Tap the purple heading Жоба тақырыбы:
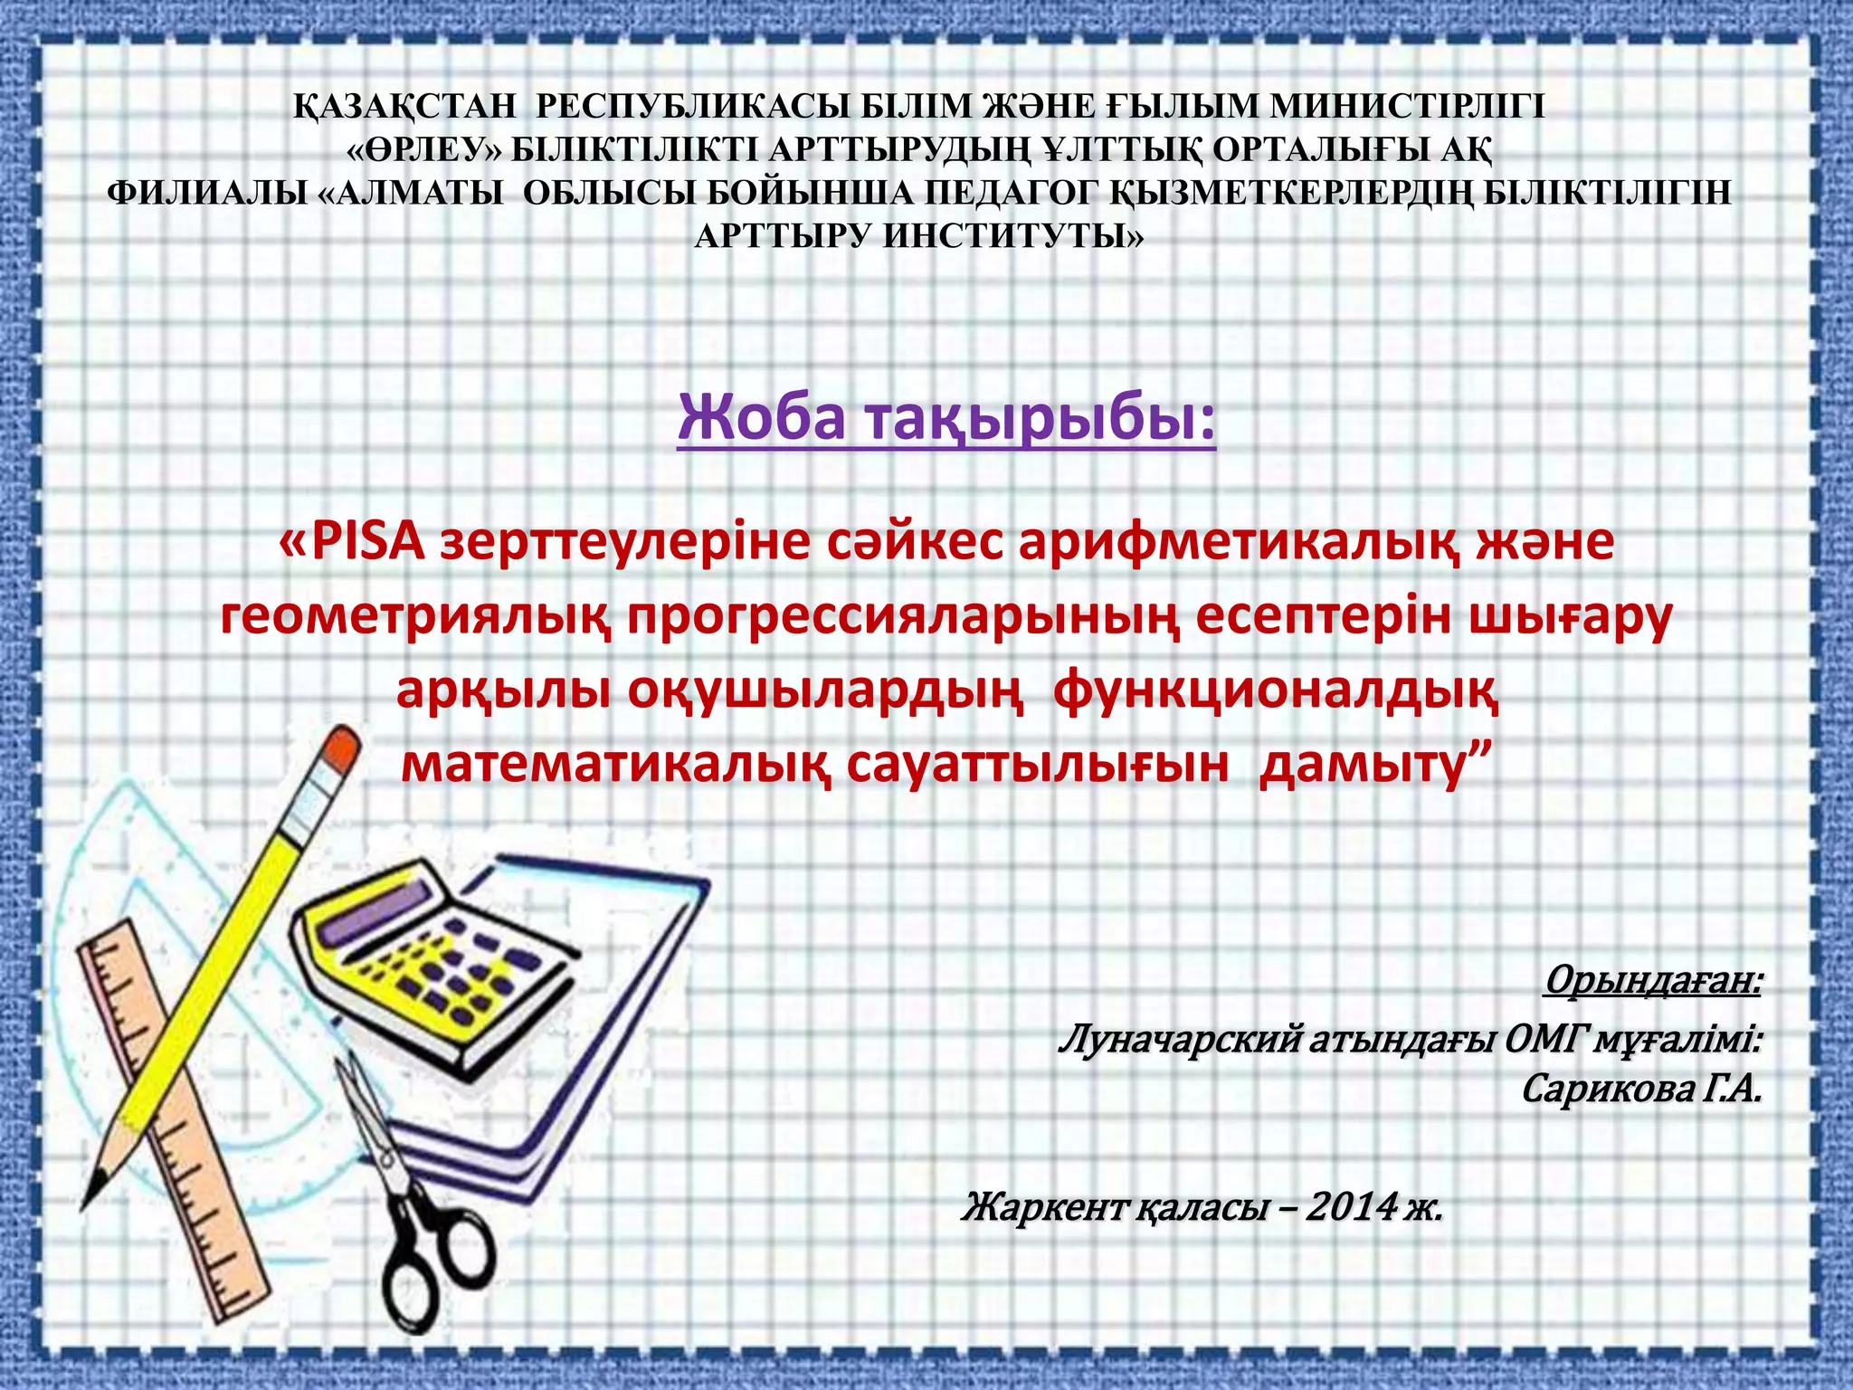[x=946, y=418]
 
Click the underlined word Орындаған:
[x=1653, y=979]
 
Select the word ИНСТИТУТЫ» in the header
[x=1013, y=237]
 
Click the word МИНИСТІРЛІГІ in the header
[x=1407, y=107]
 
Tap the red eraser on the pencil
[x=341, y=750]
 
